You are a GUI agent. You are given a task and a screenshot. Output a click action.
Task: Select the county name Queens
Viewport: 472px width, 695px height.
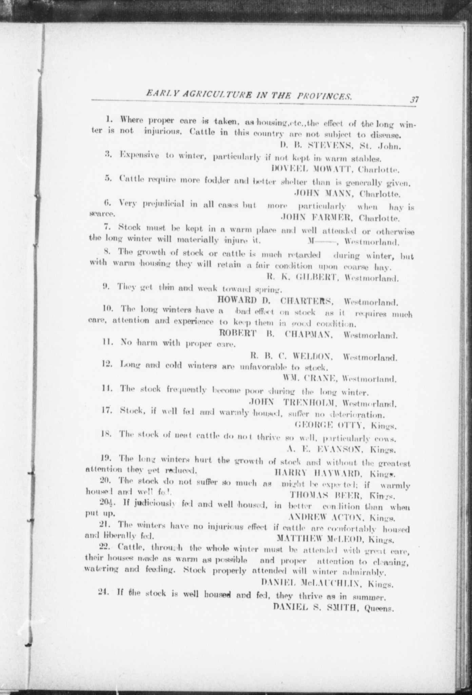coord(379,608)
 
